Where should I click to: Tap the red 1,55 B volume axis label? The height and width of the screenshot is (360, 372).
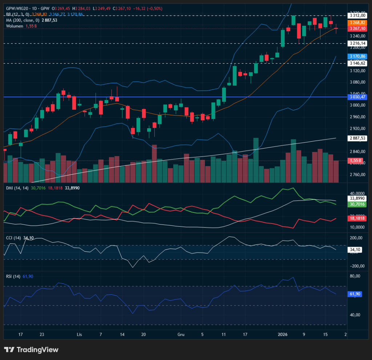[355, 160]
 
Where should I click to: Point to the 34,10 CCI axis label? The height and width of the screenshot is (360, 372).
[355, 250]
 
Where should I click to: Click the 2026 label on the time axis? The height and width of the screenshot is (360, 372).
[283, 334]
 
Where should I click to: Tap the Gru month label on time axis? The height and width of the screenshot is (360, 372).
[181, 334]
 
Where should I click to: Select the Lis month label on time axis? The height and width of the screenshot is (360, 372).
[80, 334]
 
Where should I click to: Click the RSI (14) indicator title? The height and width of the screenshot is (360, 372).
[13, 276]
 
